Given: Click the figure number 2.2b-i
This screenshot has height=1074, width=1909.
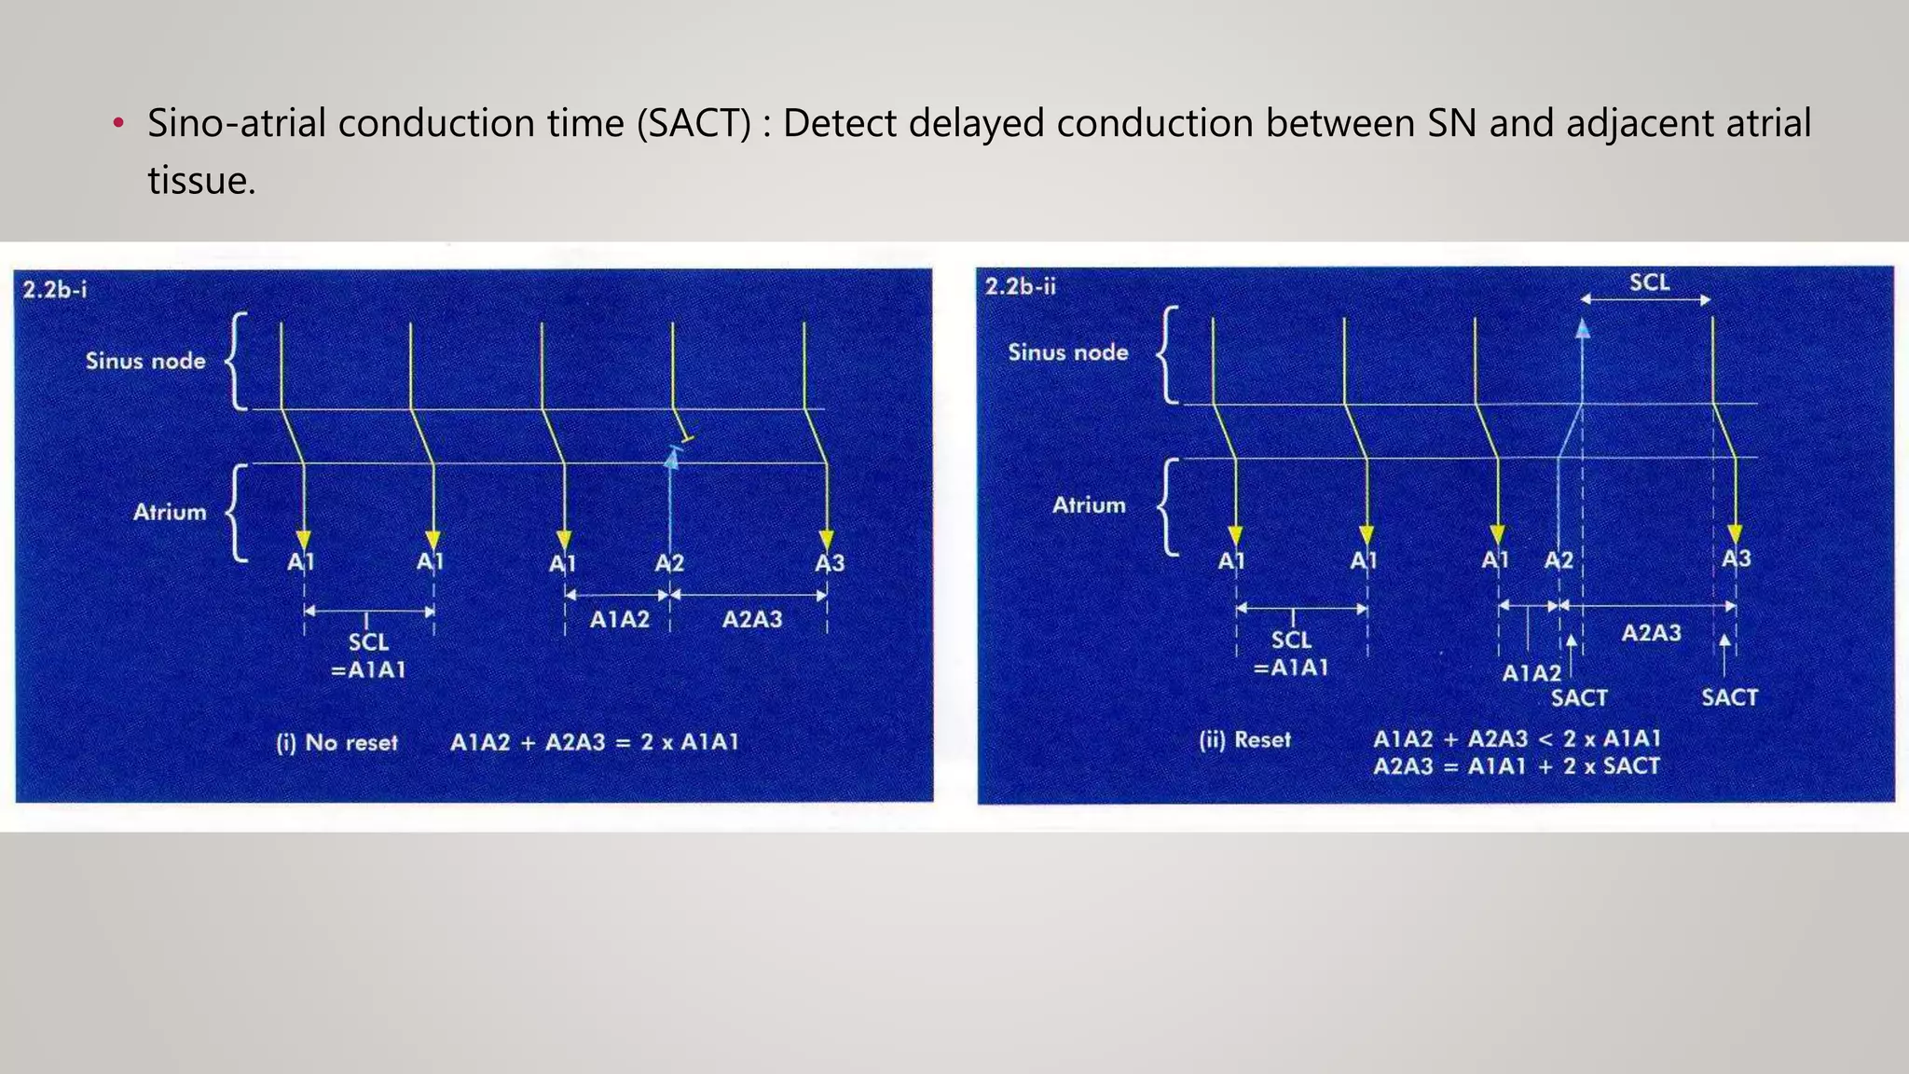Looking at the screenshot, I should (55, 290).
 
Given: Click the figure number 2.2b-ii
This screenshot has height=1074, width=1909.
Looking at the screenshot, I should (1021, 286).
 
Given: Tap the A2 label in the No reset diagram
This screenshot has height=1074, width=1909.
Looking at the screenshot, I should (669, 563).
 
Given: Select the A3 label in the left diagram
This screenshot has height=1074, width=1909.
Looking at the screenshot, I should (830, 563).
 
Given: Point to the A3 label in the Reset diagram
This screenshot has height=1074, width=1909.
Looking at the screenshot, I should (1736, 558).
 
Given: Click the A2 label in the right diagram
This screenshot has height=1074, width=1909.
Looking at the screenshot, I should (1559, 560).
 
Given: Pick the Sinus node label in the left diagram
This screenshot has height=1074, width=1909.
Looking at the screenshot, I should (145, 361).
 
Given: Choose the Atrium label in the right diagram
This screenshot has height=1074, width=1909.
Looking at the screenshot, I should (1089, 505).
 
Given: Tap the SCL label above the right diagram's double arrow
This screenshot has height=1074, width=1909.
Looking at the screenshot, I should (1649, 282).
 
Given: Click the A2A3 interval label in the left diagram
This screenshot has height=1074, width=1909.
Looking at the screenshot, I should (752, 619).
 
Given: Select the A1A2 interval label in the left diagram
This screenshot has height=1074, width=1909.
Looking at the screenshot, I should (620, 619).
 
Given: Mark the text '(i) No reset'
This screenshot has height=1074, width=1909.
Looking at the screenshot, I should (336, 743).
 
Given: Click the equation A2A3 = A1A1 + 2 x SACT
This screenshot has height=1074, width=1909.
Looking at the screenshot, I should (1517, 766).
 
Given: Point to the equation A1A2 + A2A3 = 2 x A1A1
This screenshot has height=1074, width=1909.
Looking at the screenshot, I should (595, 743).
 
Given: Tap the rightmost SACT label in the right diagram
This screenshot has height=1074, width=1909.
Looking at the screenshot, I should (1729, 697).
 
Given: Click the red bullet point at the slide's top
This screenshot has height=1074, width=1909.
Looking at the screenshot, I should (117, 124).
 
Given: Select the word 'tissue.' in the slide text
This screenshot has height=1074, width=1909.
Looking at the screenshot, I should (201, 180).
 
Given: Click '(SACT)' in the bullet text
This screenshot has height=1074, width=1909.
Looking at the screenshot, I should (694, 124).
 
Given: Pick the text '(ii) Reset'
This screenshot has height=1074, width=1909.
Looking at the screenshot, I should (1244, 740).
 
